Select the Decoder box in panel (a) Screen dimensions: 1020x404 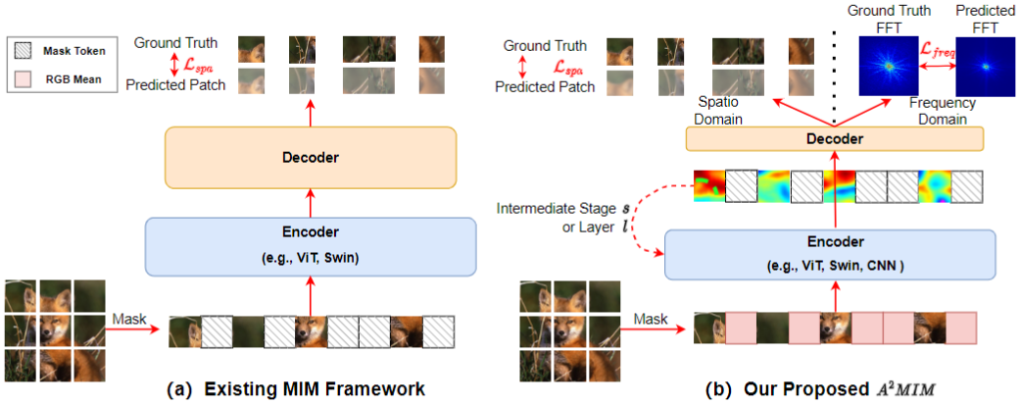tap(311, 158)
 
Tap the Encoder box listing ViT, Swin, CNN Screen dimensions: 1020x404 tap(831, 254)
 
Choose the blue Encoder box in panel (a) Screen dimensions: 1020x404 tap(311, 248)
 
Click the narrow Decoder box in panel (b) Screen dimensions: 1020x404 tap(835, 138)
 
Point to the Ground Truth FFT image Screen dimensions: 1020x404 tap(890, 66)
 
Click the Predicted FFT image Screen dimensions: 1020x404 tap(986, 66)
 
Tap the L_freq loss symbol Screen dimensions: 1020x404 tap(938, 51)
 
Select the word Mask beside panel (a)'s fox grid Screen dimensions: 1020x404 tap(129, 319)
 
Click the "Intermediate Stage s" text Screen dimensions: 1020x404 tap(564, 210)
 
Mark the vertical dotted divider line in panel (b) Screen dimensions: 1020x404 tap(835, 78)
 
